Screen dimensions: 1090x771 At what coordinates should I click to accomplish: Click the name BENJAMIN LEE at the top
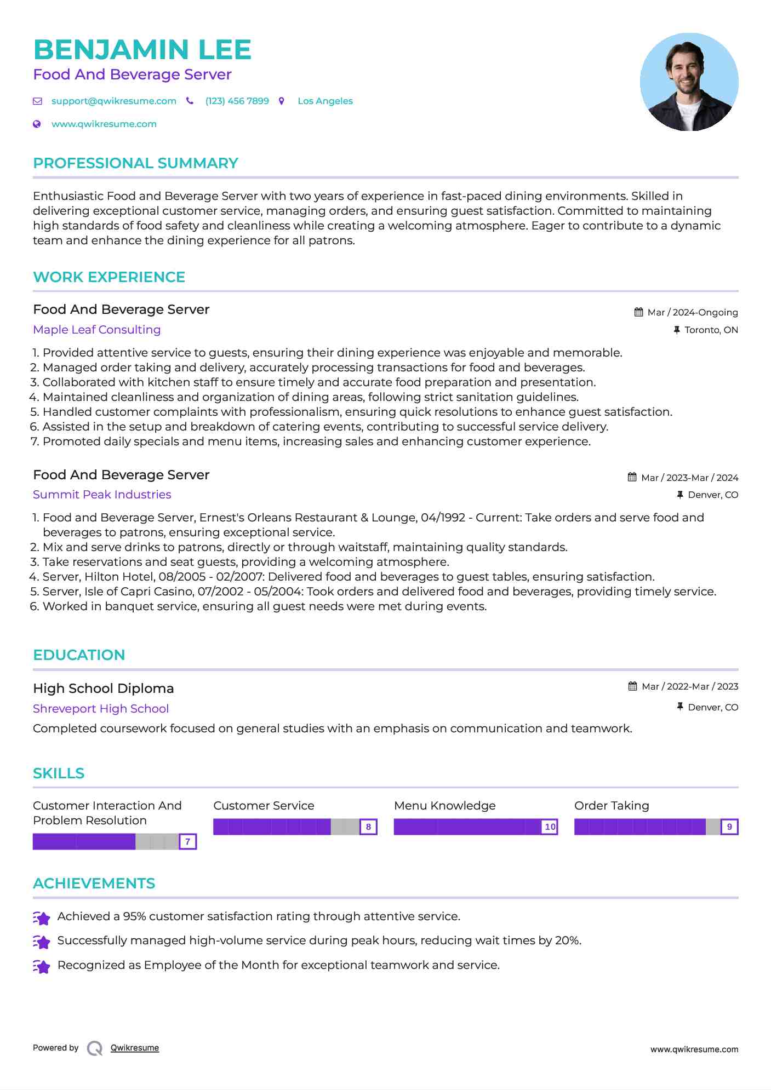pyautogui.click(x=142, y=50)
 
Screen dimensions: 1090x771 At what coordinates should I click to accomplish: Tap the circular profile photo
pyautogui.click(x=689, y=82)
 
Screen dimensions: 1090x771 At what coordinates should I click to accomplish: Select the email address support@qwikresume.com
pyautogui.click(x=113, y=101)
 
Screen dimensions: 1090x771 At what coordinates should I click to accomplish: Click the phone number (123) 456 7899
pyautogui.click(x=237, y=101)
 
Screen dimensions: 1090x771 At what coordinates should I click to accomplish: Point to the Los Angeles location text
pyautogui.click(x=325, y=101)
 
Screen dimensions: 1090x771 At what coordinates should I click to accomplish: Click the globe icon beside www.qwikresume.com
pyautogui.click(x=37, y=124)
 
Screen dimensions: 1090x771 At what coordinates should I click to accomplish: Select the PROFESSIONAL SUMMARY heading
pyautogui.click(x=135, y=163)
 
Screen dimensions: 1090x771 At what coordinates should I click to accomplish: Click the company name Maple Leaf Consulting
pyautogui.click(x=96, y=330)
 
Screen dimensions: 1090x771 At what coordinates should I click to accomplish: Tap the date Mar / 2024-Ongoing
pyautogui.click(x=693, y=313)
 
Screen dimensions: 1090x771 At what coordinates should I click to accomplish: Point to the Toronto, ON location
pyautogui.click(x=711, y=330)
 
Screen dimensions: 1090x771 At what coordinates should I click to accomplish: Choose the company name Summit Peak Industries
pyautogui.click(x=102, y=495)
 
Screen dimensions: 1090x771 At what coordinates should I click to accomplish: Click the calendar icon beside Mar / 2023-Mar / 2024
pyautogui.click(x=632, y=478)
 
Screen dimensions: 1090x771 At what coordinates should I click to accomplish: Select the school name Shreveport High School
pyautogui.click(x=101, y=709)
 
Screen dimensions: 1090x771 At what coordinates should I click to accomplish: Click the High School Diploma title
pyautogui.click(x=103, y=689)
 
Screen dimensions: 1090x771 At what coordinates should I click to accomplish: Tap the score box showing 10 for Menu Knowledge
pyautogui.click(x=550, y=827)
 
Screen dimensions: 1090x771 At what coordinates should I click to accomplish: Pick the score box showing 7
pyautogui.click(x=187, y=842)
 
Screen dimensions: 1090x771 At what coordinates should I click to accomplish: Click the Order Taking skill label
pyautogui.click(x=612, y=806)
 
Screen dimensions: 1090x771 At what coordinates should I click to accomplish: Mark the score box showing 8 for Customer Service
pyautogui.click(x=368, y=827)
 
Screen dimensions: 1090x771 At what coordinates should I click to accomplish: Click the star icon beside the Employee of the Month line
pyautogui.click(x=42, y=966)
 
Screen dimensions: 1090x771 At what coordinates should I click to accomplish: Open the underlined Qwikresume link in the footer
pyautogui.click(x=135, y=1048)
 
